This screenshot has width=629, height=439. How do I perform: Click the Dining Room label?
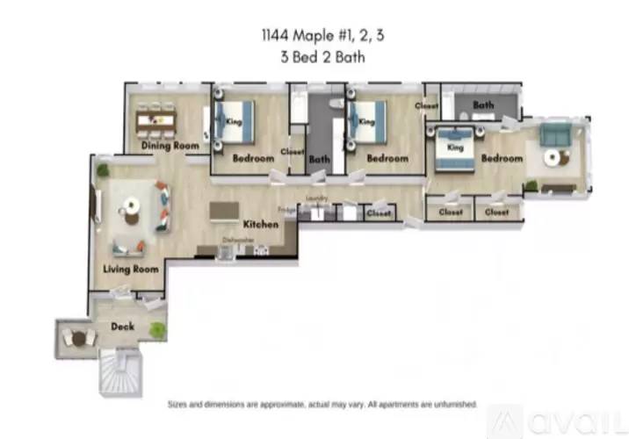(x=170, y=146)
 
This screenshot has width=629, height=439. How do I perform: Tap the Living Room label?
(x=131, y=269)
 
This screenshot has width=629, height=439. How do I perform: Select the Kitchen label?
(x=261, y=224)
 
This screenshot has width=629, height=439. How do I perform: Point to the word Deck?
(x=121, y=327)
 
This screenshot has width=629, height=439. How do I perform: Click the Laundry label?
(x=316, y=198)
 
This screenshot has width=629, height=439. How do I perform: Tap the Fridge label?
(x=286, y=209)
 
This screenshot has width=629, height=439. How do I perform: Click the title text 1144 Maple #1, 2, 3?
(x=314, y=36)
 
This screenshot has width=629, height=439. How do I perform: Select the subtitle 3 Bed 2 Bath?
(x=314, y=58)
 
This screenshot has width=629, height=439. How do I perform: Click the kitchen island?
(x=225, y=210)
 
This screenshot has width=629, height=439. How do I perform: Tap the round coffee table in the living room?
(x=132, y=206)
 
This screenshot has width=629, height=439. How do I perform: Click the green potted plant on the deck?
(x=157, y=329)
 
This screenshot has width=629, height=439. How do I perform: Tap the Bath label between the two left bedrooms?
(x=319, y=159)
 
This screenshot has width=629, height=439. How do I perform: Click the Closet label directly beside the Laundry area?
(x=379, y=212)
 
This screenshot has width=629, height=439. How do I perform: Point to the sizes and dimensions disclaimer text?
(x=322, y=405)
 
